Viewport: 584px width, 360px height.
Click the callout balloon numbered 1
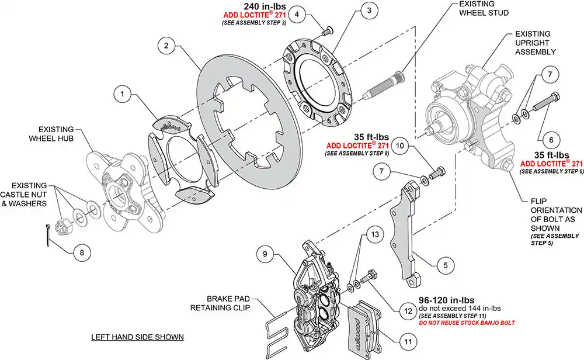tap(123, 93)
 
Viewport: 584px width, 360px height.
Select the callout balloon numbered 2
tap(166, 45)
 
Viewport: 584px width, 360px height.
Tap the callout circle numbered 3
tap(367, 11)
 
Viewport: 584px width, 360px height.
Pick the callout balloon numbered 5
tap(445, 265)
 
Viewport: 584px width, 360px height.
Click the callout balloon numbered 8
tap(82, 252)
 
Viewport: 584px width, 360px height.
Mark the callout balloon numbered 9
tap(265, 254)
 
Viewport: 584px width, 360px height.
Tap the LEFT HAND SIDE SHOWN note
tap(137, 337)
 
